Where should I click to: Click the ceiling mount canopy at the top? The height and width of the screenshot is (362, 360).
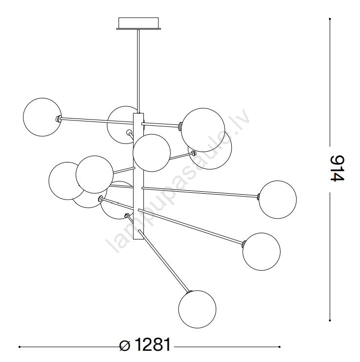(x=139, y=23)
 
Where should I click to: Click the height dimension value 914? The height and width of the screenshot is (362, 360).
(x=338, y=168)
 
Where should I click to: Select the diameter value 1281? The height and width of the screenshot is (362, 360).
(x=153, y=344)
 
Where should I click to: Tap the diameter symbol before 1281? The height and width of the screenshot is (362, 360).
(x=125, y=345)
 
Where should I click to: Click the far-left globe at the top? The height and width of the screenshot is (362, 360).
(x=42, y=117)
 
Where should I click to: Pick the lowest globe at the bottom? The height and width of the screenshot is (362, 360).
(x=197, y=309)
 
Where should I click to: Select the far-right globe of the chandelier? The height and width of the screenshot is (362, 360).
(x=278, y=200)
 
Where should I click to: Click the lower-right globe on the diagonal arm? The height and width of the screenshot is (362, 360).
(x=261, y=251)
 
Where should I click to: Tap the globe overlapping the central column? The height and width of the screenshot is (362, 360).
(x=152, y=153)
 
